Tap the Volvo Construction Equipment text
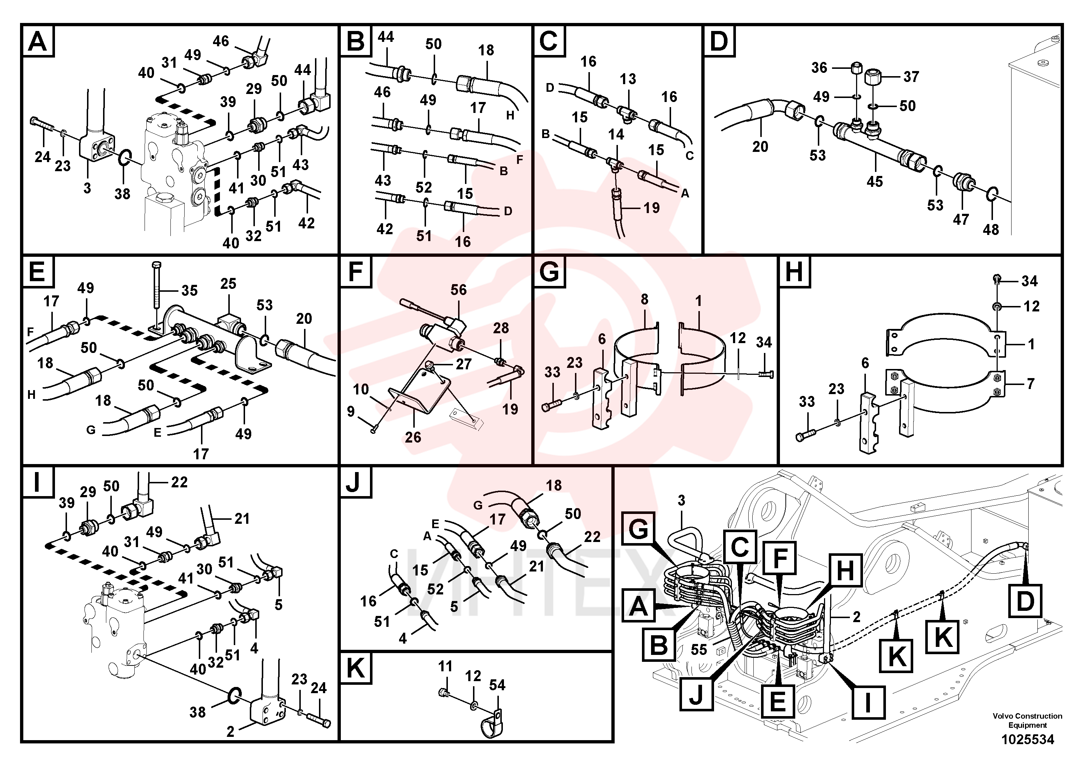(x=1027, y=721)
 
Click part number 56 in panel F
(x=458, y=290)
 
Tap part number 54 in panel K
(x=497, y=685)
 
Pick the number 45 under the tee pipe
(x=874, y=182)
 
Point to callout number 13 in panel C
(x=628, y=79)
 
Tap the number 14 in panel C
(x=616, y=135)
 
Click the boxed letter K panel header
(x=355, y=668)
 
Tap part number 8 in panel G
(x=645, y=299)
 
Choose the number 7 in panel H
(x=1030, y=384)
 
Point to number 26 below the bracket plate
(x=413, y=437)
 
